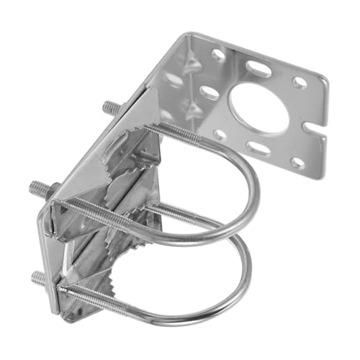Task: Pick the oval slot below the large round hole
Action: click(258, 148)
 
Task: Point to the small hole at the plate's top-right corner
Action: click(298, 83)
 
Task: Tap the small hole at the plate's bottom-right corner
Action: click(295, 163)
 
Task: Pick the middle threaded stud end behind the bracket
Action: click(39, 191)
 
